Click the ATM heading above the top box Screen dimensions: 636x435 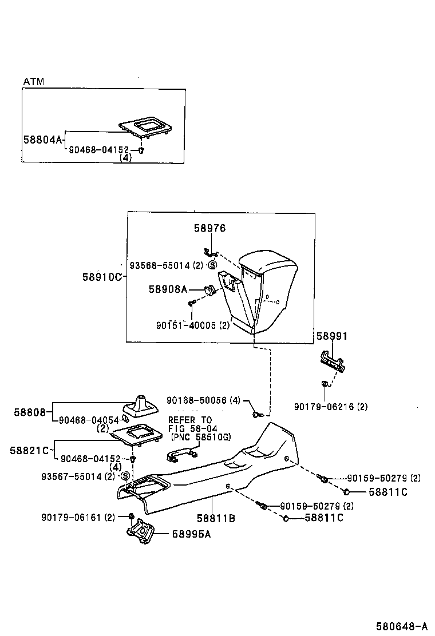tap(33, 82)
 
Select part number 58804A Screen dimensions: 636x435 tap(42, 139)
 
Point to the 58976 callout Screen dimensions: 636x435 tap(209, 228)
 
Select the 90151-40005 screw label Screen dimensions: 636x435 tap(192, 325)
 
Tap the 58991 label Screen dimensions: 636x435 tap(332, 336)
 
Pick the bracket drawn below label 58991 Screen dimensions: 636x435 tap(332, 362)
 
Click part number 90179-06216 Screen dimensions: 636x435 tap(331, 407)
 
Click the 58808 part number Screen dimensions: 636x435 tap(28, 411)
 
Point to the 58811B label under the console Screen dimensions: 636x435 tap(216, 519)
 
